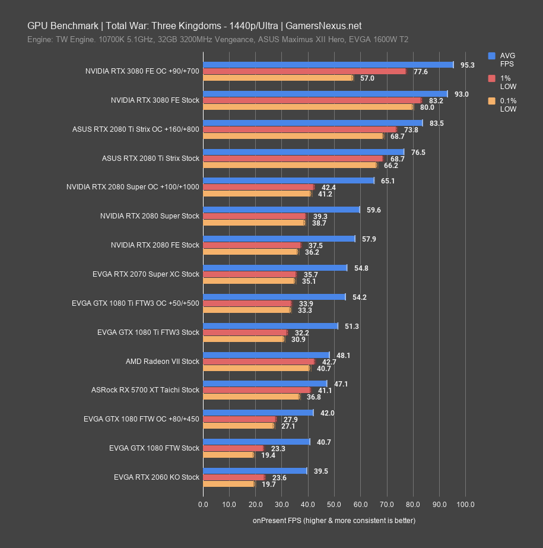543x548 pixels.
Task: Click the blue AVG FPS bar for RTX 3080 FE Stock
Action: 325,94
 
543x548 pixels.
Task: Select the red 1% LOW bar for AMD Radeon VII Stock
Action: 259,362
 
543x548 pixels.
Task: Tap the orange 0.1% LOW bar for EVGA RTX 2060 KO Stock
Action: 228,484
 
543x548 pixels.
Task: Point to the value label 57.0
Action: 367,78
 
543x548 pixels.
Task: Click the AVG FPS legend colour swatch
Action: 491,56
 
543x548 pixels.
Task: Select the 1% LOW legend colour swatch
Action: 491,78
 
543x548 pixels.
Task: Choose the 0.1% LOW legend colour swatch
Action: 491,101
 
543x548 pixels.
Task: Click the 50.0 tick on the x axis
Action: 334,505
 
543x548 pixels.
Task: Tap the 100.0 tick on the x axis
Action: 465,505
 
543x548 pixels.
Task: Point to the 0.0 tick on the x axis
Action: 203,505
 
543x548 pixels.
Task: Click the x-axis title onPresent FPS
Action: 334,521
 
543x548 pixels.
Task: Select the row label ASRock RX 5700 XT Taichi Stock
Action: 145,390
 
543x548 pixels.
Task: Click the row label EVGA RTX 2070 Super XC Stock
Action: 146,274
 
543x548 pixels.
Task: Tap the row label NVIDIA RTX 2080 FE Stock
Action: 155,245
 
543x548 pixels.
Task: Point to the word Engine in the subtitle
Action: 39,40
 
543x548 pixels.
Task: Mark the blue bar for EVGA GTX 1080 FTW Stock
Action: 256,442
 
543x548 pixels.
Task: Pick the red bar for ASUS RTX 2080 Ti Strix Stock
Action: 293,159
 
